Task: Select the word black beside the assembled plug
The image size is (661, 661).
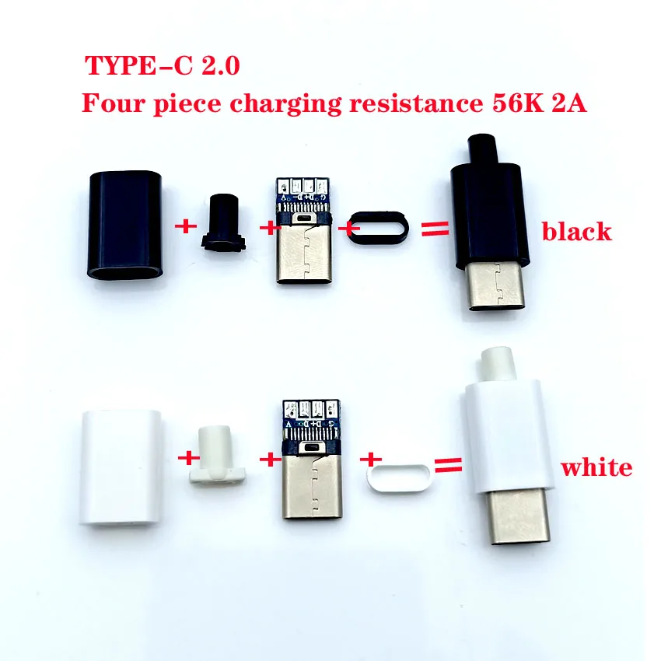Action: [x=577, y=231]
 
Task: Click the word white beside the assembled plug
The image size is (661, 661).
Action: [x=596, y=467]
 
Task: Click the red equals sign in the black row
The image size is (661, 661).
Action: [x=435, y=229]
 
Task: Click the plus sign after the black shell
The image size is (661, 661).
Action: [x=185, y=228]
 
